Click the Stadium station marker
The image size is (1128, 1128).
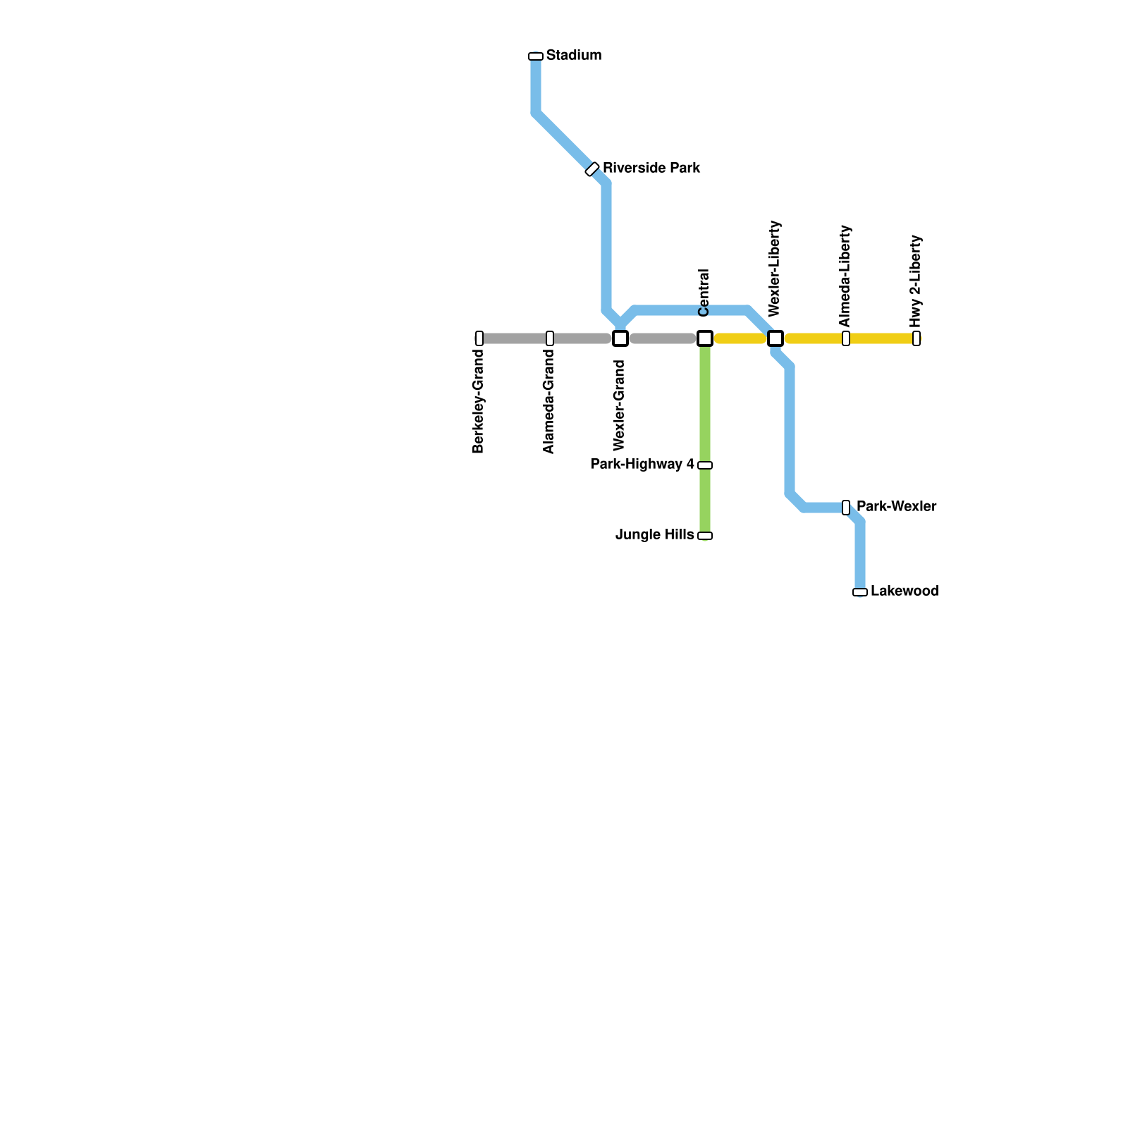pos(536,56)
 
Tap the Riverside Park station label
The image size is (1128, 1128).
pos(651,168)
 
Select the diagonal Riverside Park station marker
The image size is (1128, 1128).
pos(592,169)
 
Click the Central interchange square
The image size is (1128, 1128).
pos(705,338)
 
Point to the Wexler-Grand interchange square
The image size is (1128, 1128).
pos(620,338)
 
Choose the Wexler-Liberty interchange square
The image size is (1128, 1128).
pos(775,338)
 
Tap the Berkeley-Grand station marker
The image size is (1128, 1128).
pos(479,338)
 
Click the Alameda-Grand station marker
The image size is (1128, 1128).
pos(550,338)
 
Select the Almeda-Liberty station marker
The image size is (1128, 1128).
pos(846,338)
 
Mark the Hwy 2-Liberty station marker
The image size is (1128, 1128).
pos(916,338)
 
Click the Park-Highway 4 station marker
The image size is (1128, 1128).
pos(705,465)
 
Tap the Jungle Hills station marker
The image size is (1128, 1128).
pos(705,536)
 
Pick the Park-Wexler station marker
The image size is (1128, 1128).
pos(846,508)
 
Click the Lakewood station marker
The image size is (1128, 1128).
pos(860,592)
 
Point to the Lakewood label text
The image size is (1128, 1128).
pos(904,591)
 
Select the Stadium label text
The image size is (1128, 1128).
pos(573,56)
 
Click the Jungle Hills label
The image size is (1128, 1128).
pos(654,535)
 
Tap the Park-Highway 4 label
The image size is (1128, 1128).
pos(642,465)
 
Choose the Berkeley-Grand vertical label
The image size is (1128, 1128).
pos(479,401)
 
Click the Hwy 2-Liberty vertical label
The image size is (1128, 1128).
pos(916,281)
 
